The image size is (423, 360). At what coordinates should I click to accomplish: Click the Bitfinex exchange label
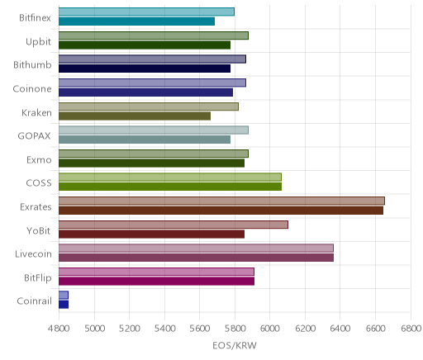point(35,18)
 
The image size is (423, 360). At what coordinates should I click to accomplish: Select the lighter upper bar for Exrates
point(221,201)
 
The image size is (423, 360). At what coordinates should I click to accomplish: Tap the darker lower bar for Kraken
point(135,116)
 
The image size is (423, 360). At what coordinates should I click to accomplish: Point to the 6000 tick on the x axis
point(269,329)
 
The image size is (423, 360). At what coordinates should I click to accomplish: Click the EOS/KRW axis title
point(235,345)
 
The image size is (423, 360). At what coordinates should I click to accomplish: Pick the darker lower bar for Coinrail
point(64,305)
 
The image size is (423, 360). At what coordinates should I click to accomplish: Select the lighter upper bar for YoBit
point(173,225)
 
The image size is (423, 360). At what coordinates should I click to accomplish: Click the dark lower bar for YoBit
point(151,234)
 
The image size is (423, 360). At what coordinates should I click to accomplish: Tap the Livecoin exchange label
point(33,253)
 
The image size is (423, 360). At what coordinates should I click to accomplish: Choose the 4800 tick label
point(59,329)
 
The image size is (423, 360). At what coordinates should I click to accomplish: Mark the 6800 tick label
point(411,329)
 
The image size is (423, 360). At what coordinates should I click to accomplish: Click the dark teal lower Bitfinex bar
point(136,21)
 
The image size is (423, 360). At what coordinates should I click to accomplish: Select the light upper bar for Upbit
point(154,36)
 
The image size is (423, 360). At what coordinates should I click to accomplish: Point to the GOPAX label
point(34,136)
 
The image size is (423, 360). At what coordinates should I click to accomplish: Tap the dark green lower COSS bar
point(170,187)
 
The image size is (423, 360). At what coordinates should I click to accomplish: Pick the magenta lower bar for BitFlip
point(156,282)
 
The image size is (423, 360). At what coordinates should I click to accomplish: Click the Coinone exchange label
point(32,89)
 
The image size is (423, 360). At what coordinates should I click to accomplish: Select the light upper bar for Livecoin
point(196,249)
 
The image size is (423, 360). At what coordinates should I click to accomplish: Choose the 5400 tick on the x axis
point(164,329)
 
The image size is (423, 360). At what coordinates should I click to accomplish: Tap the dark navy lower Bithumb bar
point(145,69)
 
